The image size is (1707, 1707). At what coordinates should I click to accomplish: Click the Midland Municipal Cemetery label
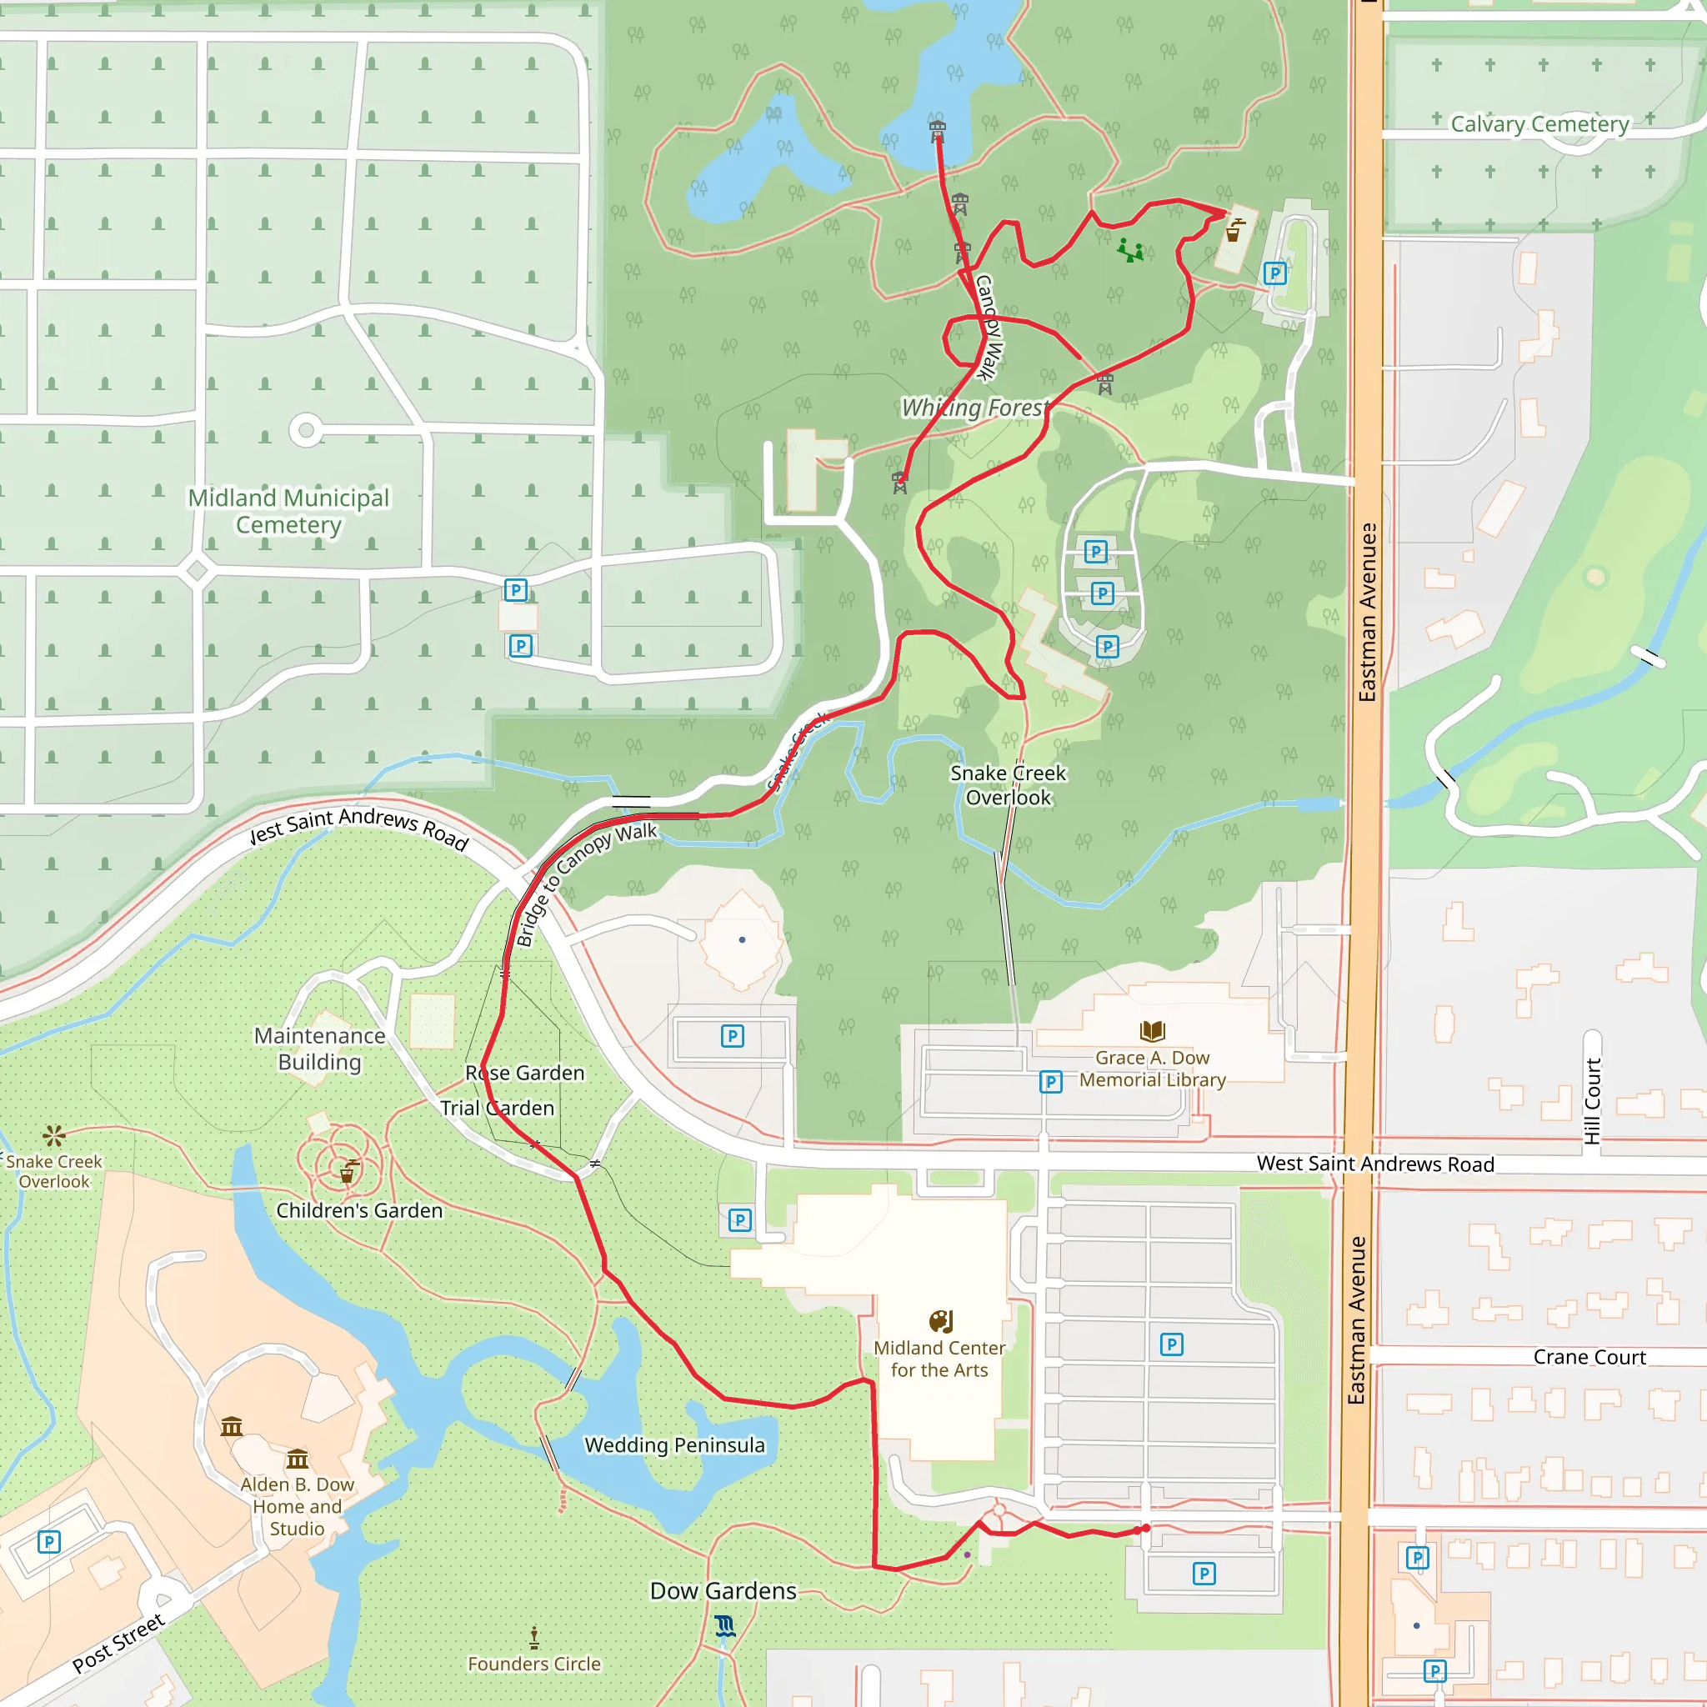pos(288,512)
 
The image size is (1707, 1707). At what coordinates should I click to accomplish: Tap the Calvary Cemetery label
pos(1539,123)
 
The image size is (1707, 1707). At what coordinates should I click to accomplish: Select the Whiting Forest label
pos(974,408)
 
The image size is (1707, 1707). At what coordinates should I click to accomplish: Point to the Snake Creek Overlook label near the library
pos(1009,785)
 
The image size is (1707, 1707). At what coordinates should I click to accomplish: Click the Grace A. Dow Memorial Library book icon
pos(1152,1030)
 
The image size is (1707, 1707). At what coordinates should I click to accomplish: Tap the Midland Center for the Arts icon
pos(941,1322)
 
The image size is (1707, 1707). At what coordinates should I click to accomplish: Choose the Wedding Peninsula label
pos(674,1445)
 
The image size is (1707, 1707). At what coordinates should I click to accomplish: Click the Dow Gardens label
pos(723,1591)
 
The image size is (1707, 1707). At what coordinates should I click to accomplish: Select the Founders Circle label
pos(533,1664)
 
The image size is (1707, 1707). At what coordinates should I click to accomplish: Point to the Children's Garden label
pos(358,1210)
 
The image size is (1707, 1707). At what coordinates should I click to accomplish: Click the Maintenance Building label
pos(320,1049)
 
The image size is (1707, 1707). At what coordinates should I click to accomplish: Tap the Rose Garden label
pos(525,1073)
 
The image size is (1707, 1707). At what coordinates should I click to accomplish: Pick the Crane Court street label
pos(1589,1357)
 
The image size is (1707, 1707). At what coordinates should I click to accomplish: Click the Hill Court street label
pos(1592,1101)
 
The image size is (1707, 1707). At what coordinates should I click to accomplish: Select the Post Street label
pos(118,1644)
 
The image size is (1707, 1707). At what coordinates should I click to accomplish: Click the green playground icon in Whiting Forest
pos(1130,250)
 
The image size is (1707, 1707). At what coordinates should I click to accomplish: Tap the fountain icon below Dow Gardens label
pos(724,1627)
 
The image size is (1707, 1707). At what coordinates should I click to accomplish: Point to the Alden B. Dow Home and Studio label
pos(297,1506)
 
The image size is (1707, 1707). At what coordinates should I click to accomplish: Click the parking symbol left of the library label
pos(1050,1083)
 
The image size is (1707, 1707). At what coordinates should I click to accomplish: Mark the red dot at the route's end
pos(1146,1529)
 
